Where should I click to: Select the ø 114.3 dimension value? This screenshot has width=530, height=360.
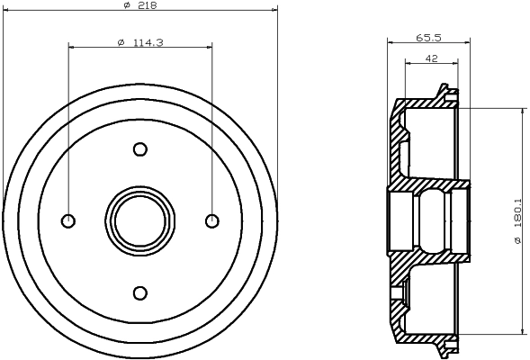pos(139,41)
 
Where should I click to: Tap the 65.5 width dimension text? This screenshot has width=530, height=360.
pos(429,37)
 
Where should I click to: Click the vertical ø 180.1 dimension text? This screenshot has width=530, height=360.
pos(517,220)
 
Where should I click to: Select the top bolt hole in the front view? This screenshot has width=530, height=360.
pos(139,149)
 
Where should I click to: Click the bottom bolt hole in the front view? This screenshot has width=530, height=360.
pos(139,292)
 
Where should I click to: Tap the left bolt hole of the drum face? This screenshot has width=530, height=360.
pos(68,220)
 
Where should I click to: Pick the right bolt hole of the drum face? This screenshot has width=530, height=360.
pos(211,220)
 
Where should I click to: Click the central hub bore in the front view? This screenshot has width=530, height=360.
pos(139,220)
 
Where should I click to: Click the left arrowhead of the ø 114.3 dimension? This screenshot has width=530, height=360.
pos(72,46)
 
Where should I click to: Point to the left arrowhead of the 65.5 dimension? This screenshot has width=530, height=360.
pos(391,41)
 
